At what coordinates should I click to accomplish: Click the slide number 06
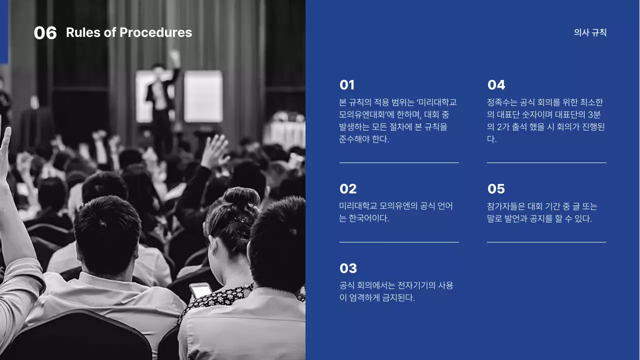tap(45, 33)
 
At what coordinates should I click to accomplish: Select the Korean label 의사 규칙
tap(590, 33)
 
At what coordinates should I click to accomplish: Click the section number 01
tap(347, 85)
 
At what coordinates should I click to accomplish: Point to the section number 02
tap(348, 189)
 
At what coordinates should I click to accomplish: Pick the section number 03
tap(348, 268)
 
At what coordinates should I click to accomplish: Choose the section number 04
tap(496, 85)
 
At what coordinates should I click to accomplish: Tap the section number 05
tap(496, 189)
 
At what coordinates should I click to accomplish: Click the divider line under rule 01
tap(399, 162)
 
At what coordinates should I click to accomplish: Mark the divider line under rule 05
tap(546, 242)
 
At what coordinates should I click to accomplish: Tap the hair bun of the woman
tap(242, 196)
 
